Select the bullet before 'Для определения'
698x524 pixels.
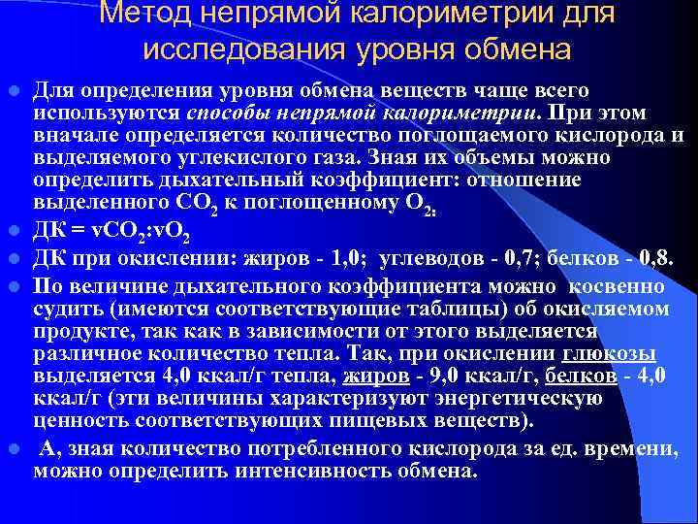click(x=14, y=92)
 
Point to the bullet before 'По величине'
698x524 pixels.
click(x=14, y=287)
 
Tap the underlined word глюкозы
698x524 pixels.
click(x=621, y=352)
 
